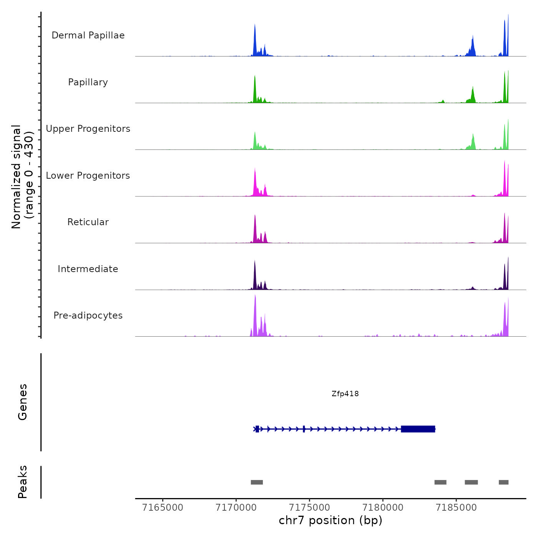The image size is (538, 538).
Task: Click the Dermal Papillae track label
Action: coord(88,35)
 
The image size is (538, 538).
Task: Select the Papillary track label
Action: coord(88,82)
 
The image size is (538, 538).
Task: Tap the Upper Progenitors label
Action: coord(88,129)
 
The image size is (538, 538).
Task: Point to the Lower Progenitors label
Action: coord(88,176)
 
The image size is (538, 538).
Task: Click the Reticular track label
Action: coord(88,222)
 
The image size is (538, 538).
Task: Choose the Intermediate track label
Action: coord(88,269)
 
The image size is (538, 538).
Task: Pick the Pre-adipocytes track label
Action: coord(88,315)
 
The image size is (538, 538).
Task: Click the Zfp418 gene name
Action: coord(345,394)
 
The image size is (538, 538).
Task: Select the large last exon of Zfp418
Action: coord(418,429)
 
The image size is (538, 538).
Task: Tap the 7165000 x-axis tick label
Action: coord(163,508)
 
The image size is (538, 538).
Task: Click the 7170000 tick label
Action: coord(236,508)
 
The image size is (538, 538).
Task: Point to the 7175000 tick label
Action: coord(309,508)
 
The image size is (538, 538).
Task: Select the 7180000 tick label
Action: coord(383,508)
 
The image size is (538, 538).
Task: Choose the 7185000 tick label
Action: coord(456,508)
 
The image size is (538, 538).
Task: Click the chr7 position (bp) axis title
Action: coord(330,520)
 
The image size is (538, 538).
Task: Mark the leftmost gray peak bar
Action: coord(257,482)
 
